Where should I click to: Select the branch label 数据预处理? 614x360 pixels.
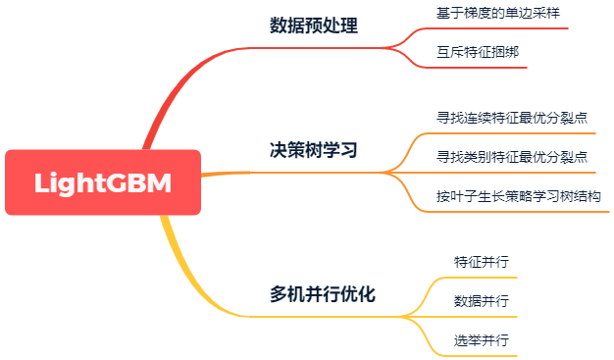tap(314, 26)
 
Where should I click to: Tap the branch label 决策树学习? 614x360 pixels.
tap(314, 151)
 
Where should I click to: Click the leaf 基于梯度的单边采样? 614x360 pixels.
tap(490, 14)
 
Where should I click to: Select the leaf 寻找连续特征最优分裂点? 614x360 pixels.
tap(512, 118)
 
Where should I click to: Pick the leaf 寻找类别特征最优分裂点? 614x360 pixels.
tap(512, 156)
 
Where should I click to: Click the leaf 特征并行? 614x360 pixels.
tap(481, 262)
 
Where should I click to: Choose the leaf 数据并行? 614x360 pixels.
tap(481, 300)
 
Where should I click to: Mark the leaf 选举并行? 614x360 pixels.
tap(481, 339)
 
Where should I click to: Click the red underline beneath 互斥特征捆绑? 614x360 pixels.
tap(481, 67)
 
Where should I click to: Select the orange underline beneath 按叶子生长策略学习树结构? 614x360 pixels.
tap(519, 211)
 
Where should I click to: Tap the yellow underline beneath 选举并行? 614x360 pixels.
tap(481, 355)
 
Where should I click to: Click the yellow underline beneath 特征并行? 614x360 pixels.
tap(481, 278)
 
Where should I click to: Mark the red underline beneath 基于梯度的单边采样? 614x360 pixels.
tap(490, 28)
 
